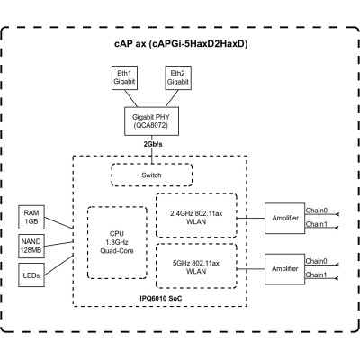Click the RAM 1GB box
click(32, 218)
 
